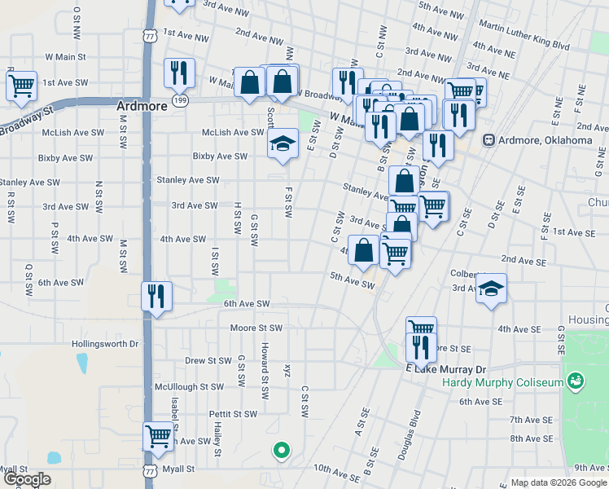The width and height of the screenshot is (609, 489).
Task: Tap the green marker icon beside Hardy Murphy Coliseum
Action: click(576, 381)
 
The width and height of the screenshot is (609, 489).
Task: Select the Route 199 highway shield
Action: click(180, 99)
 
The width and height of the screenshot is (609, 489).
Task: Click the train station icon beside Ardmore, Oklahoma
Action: click(489, 140)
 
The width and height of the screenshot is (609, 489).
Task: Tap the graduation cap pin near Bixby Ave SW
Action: click(283, 144)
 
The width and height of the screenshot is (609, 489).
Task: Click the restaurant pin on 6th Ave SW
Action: click(156, 296)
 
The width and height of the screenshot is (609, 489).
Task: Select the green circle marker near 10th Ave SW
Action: click(281, 448)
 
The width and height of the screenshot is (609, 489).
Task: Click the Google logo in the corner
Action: click(27, 479)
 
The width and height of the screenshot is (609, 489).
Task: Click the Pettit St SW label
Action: click(233, 414)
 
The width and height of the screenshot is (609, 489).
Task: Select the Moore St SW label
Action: click(256, 328)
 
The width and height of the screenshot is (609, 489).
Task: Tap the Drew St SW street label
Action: click(209, 360)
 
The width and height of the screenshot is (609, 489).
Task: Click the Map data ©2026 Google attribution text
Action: click(558, 482)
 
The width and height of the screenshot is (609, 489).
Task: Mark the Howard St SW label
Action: click(265, 371)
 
